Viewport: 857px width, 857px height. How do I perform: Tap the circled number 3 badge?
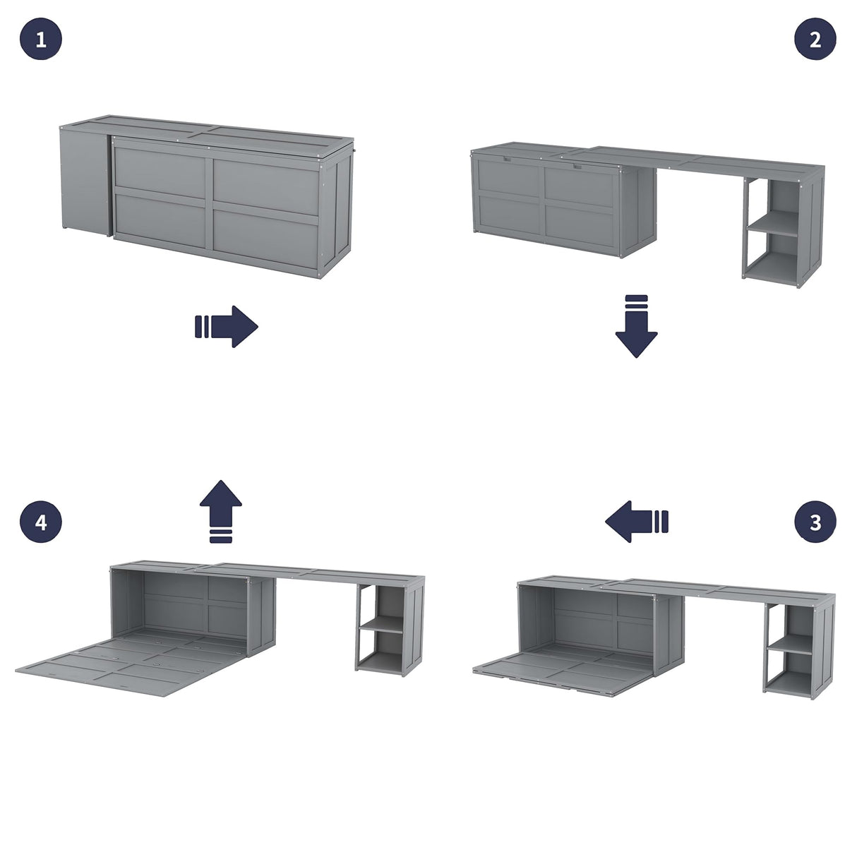[815, 522]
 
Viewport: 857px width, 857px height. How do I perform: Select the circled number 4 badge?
[40, 522]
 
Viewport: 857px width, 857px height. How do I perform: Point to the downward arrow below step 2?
[636, 327]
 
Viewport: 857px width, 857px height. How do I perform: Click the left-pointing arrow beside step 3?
[636, 522]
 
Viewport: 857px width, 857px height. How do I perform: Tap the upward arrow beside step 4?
[221, 511]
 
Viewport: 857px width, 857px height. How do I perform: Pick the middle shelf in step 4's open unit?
[381, 623]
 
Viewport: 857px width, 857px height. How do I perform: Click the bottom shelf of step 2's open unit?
[773, 270]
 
